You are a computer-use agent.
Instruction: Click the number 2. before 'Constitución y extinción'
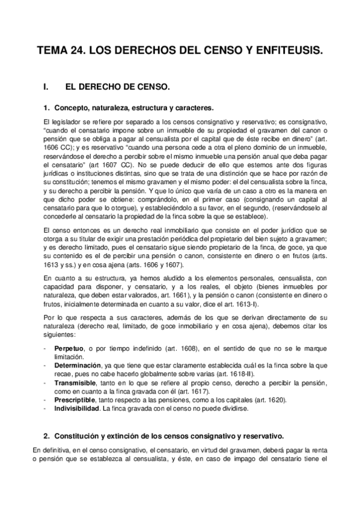46,435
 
